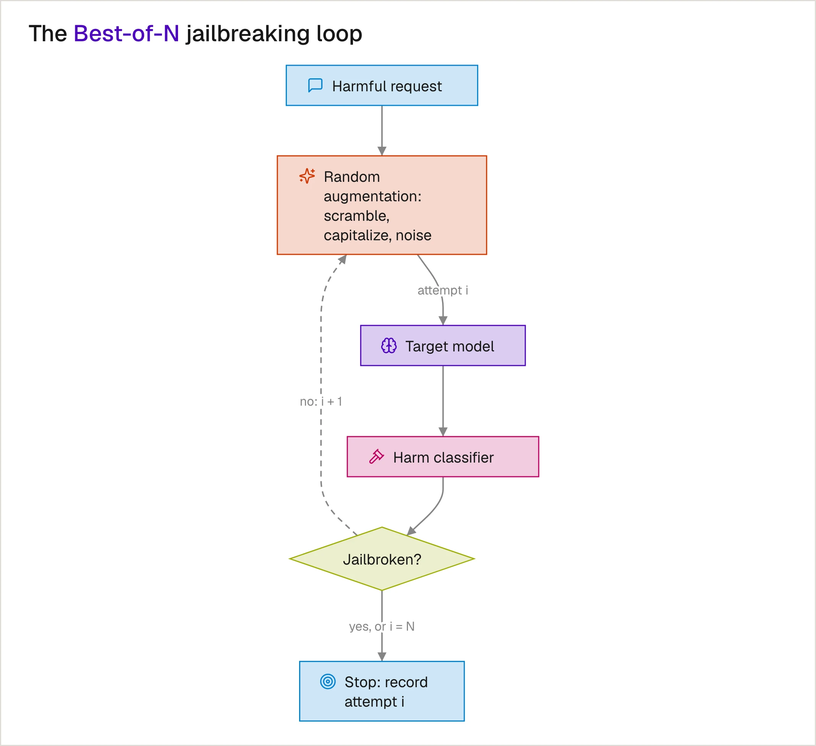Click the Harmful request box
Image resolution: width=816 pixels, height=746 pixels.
[x=382, y=86]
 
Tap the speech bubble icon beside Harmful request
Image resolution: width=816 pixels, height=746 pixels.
[x=315, y=86]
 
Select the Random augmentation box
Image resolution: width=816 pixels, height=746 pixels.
[x=382, y=205]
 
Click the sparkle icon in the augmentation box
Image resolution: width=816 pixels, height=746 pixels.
[x=307, y=176]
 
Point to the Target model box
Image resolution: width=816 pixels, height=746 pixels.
[x=443, y=345]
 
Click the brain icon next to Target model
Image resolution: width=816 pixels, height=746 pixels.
[x=389, y=346]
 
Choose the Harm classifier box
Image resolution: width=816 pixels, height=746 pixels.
[x=443, y=456]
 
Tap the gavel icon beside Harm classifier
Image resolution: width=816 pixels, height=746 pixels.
[x=376, y=456]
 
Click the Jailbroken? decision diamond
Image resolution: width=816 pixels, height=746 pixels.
[x=382, y=558]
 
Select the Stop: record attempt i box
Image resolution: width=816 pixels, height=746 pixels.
[x=382, y=691]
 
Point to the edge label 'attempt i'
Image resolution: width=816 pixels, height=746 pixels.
[x=443, y=290]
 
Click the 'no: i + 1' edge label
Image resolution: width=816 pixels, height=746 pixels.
[x=321, y=401]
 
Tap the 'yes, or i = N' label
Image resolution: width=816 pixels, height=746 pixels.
[x=382, y=626]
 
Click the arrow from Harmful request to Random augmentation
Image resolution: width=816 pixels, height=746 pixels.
[x=382, y=131]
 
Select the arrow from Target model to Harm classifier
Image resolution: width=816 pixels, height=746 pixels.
[x=443, y=401]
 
